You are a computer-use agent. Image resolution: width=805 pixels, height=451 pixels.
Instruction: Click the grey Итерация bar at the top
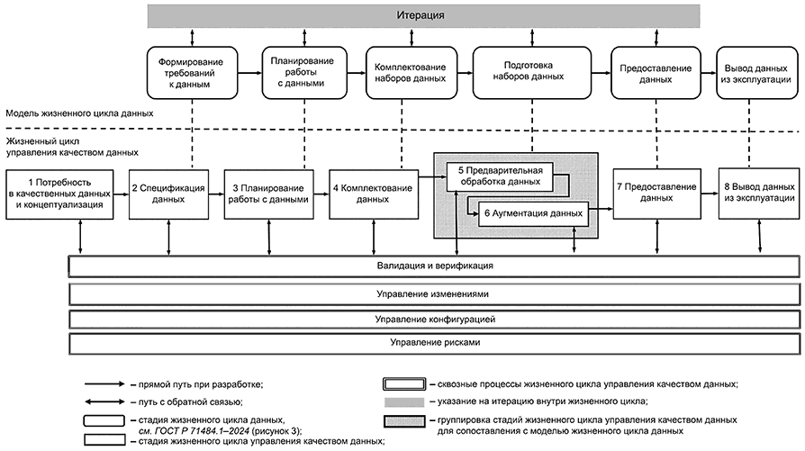tap(423, 15)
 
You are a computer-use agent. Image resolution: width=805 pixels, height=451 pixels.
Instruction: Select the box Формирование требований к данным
tap(192, 73)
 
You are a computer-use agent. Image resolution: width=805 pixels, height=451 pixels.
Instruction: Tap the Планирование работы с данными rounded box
tap(304, 73)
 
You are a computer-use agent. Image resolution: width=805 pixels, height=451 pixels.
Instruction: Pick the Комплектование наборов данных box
tap(412, 73)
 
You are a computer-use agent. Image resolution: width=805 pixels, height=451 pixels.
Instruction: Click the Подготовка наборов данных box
tap(532, 73)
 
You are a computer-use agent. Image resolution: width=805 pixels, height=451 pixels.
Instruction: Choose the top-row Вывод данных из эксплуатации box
tap(757, 73)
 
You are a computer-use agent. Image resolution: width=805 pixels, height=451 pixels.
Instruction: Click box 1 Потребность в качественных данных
tap(59, 194)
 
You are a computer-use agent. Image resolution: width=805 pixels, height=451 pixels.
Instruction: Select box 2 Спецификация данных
tap(168, 194)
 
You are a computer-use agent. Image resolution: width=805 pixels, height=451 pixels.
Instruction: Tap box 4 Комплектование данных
tap(374, 194)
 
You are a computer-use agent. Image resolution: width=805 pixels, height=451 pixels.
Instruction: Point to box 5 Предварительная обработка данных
tap(500, 176)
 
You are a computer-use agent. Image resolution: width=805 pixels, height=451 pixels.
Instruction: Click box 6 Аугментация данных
tap(533, 213)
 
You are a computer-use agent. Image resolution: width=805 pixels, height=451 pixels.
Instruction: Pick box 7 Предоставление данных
tap(656, 194)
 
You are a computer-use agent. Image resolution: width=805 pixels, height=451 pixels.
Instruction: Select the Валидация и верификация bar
tap(434, 266)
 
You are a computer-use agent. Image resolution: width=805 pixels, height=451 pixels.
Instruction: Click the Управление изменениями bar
tap(434, 294)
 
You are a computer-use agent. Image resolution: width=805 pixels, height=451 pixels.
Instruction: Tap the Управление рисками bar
tap(434, 343)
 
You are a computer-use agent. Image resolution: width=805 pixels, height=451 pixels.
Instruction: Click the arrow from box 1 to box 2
tap(122, 194)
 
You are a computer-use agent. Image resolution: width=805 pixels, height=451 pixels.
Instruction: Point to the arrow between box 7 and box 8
tap(710, 194)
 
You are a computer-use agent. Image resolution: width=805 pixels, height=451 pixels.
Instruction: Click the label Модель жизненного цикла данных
tap(79, 113)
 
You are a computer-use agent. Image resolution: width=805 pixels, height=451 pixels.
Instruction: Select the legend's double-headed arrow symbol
tap(104, 401)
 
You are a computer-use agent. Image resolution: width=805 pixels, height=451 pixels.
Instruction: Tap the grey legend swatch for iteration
tap(404, 401)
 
